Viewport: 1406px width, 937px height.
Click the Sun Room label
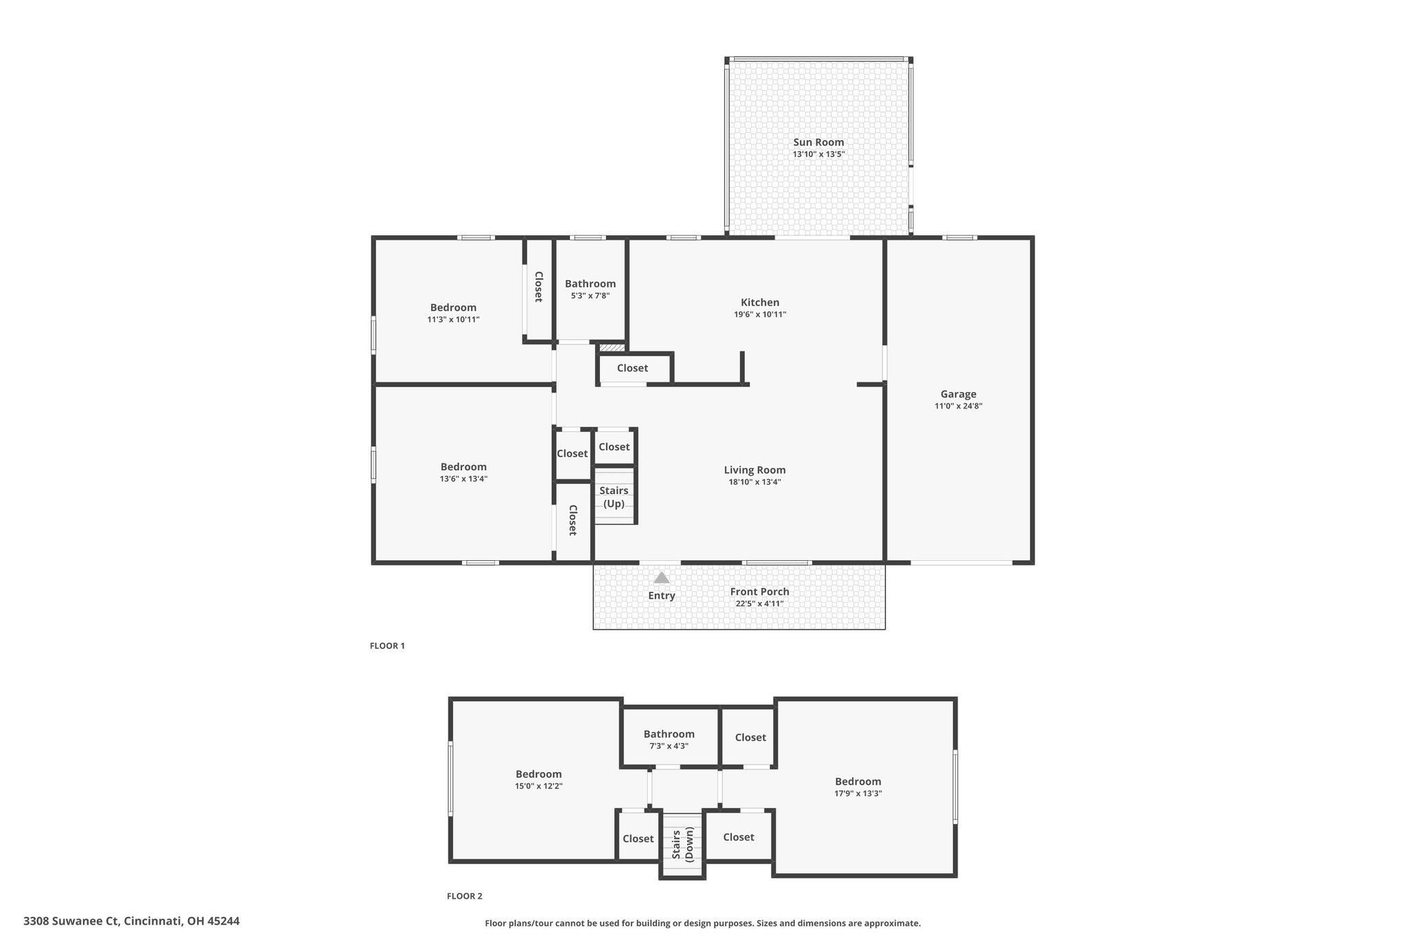[818, 142]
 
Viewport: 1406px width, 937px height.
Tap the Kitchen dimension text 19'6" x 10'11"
[760, 314]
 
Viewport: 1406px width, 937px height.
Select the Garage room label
[958, 394]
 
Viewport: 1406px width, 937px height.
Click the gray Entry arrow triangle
[661, 578]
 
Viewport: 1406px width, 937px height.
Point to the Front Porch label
[759, 592]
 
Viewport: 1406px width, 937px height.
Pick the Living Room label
[754, 470]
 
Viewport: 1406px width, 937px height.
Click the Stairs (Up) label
[614, 497]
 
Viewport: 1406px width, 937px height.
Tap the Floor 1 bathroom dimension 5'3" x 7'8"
[590, 296]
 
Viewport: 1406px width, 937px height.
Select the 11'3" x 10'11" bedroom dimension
[453, 319]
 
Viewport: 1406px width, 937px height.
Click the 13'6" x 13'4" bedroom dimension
[463, 478]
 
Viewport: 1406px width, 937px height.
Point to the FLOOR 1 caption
[387, 646]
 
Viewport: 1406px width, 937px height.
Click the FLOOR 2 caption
[465, 896]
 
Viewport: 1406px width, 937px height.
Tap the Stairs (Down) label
[682, 845]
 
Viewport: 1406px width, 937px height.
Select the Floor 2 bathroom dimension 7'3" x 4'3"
[669, 745]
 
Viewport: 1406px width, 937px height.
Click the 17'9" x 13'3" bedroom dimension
[858, 793]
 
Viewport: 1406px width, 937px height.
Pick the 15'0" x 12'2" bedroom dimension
[539, 786]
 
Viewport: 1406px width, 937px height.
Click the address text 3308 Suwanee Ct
[71, 921]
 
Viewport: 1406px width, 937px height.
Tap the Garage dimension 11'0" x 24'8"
[958, 406]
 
